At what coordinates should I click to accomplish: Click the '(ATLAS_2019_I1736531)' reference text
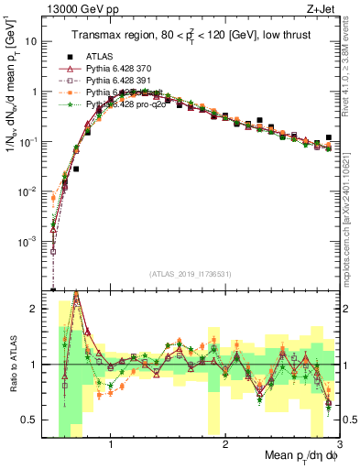click(x=191, y=274)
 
